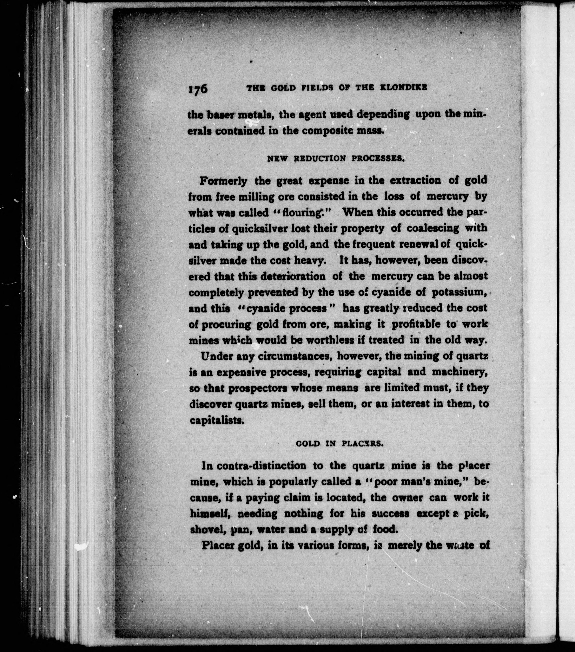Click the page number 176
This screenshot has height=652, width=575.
(x=198, y=88)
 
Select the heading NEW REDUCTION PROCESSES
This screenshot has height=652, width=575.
(x=336, y=158)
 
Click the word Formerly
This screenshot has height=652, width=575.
(x=223, y=181)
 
